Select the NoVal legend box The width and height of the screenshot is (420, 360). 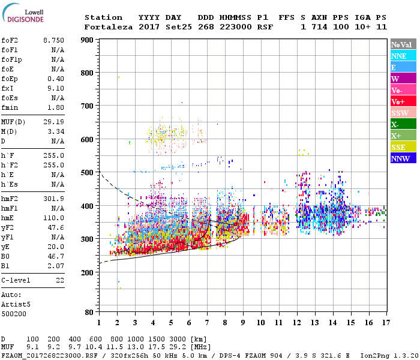[x=403, y=44]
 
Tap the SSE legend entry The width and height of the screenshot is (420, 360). [x=403, y=147]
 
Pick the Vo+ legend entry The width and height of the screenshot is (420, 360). [x=403, y=101]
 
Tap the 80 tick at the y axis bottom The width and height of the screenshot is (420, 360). [x=89, y=312]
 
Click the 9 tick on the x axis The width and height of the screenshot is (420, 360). [x=242, y=323]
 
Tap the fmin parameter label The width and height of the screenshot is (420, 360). [x=10, y=108]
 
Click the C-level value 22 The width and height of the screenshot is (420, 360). [x=59, y=280]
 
